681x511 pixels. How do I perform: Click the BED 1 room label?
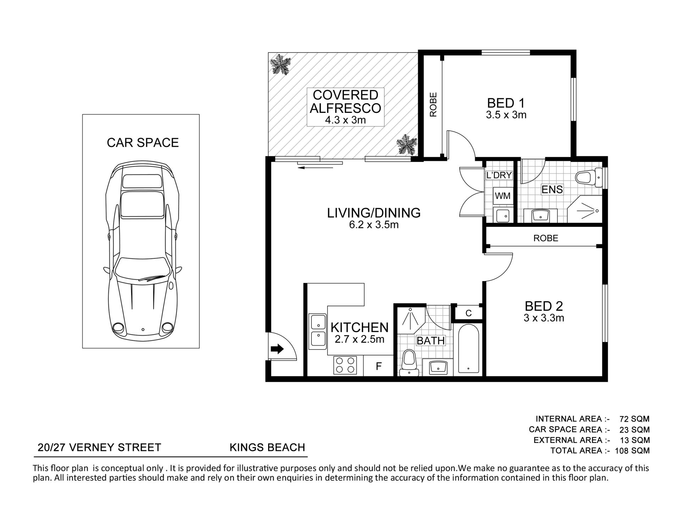(506, 103)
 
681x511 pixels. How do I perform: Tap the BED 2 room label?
(544, 306)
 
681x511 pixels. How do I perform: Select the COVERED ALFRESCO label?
(345, 101)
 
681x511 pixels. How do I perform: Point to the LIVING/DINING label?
(374, 213)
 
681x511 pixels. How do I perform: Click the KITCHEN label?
(360, 327)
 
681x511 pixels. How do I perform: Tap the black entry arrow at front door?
(277, 349)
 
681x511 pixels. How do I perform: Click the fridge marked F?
(378, 366)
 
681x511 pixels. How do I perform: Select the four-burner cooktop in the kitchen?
(345, 365)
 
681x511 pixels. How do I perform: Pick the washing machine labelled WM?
(503, 196)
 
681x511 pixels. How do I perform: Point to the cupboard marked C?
(469, 313)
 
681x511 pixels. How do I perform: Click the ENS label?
(552, 189)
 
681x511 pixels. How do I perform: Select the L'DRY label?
(499, 175)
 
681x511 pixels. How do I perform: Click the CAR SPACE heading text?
(143, 143)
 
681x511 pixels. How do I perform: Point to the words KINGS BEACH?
(267, 447)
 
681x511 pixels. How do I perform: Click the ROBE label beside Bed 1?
(433, 105)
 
